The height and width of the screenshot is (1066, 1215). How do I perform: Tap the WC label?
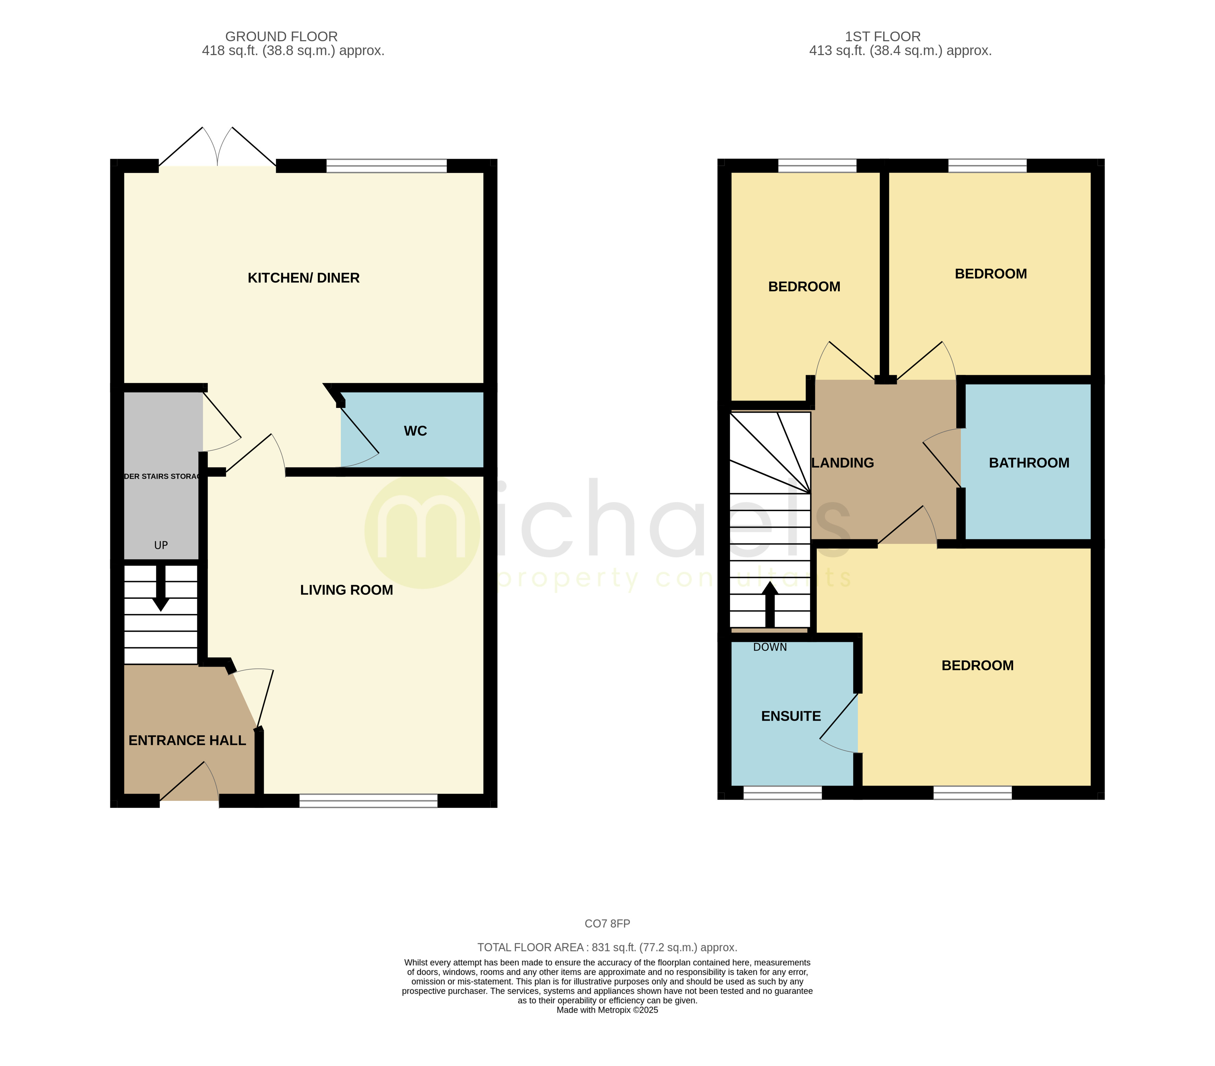(x=415, y=431)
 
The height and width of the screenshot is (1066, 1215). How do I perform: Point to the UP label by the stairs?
(x=160, y=545)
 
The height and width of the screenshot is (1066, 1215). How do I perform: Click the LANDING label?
(x=843, y=463)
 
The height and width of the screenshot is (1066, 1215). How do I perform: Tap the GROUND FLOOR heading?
(x=281, y=36)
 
